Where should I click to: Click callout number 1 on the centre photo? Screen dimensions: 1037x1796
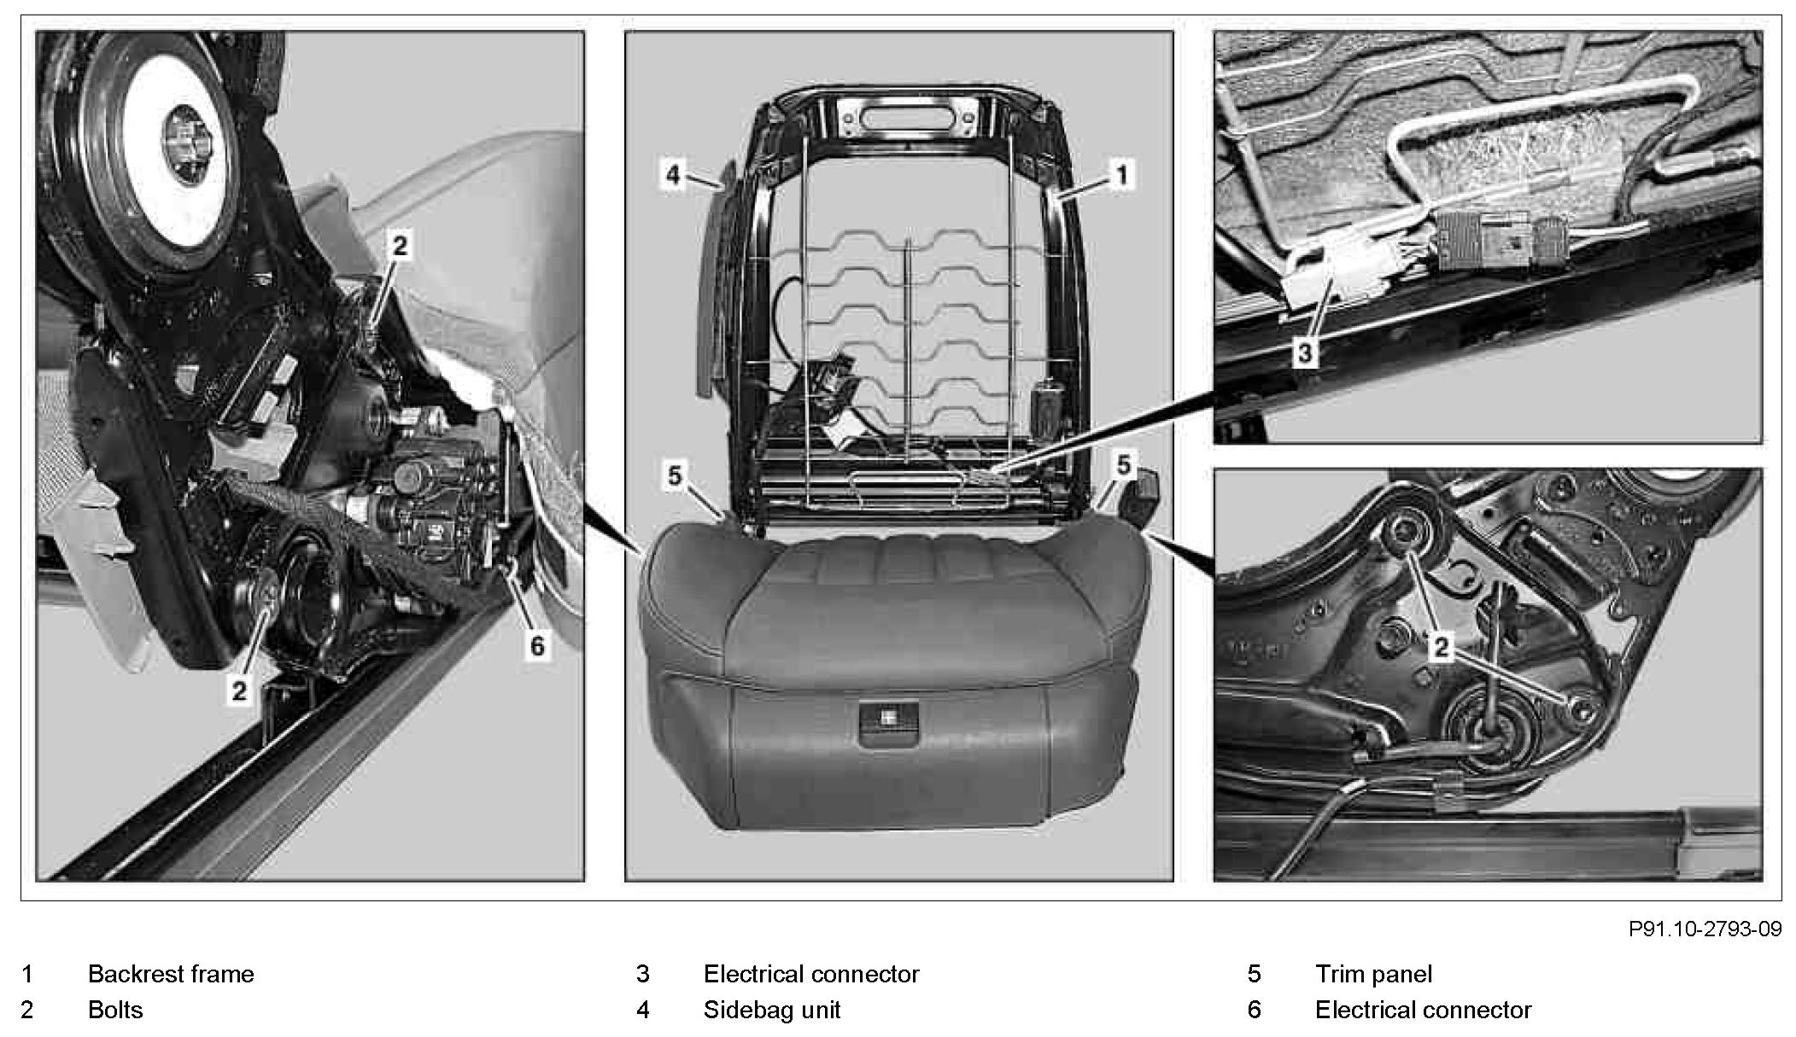tap(1122, 175)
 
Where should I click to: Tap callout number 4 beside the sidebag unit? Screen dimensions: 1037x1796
tap(673, 175)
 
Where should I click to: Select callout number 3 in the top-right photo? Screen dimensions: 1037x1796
tap(1303, 352)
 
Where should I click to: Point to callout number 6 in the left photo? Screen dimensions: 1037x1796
tap(536, 645)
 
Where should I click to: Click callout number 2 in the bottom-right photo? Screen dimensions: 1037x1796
tap(1441, 646)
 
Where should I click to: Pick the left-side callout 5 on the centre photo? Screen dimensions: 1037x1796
tap(675, 475)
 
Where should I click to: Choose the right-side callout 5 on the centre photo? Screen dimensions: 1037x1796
tap(1124, 465)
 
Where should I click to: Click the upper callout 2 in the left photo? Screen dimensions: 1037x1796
tap(400, 247)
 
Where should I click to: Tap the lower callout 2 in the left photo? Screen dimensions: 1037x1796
tap(239, 690)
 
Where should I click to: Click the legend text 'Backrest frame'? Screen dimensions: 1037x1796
tap(171, 974)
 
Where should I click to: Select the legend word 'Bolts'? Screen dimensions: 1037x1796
tap(115, 1010)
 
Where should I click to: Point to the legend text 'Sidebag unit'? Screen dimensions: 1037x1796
tap(771, 1010)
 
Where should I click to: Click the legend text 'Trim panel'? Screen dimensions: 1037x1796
tap(1373, 974)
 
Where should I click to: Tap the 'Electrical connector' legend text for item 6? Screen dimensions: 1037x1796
tap(1423, 1010)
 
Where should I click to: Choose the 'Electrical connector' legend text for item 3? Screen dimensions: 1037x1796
tap(810, 974)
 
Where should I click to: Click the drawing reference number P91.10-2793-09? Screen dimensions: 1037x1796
tap(1705, 929)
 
